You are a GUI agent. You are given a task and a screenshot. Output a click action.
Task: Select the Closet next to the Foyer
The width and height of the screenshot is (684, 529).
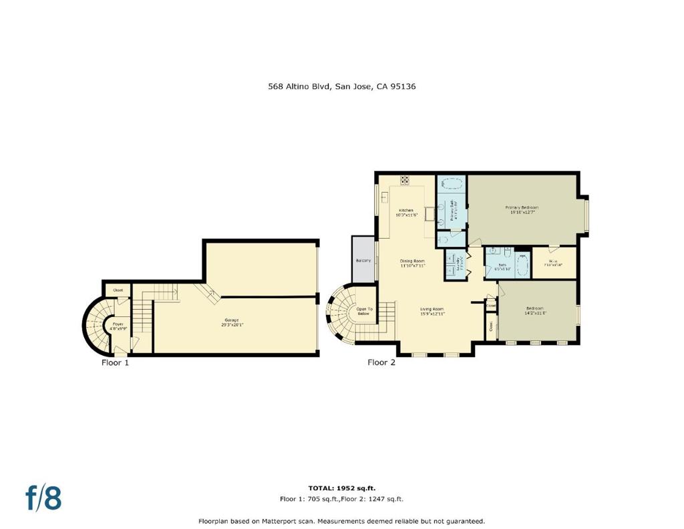pyautogui.click(x=118, y=290)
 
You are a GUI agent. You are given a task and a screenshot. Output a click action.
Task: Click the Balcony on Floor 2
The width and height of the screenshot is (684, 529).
pyautogui.click(x=363, y=259)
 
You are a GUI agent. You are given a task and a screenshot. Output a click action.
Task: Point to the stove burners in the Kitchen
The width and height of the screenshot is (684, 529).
pyautogui.click(x=405, y=180)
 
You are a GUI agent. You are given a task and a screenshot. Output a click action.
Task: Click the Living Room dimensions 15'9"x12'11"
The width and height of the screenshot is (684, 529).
pyautogui.click(x=432, y=314)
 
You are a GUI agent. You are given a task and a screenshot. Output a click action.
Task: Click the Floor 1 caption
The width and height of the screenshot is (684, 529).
pyautogui.click(x=114, y=362)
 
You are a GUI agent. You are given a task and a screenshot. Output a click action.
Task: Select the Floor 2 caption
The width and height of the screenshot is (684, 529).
pyautogui.click(x=381, y=362)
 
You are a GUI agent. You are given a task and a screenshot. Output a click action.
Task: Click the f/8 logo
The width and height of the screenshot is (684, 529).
pyautogui.click(x=43, y=498)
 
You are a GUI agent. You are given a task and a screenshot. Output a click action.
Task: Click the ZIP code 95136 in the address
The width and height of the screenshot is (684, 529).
pyautogui.click(x=403, y=86)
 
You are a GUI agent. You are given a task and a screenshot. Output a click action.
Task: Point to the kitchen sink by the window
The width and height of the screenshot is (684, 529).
pyautogui.click(x=385, y=197)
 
